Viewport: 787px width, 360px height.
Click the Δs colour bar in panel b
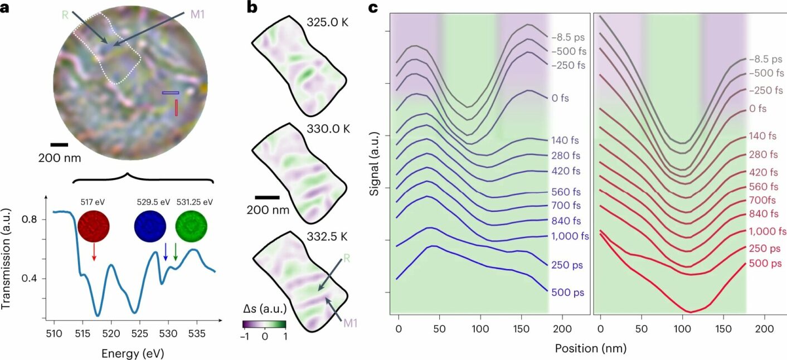click(264, 323)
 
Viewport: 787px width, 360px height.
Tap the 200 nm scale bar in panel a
click(59, 145)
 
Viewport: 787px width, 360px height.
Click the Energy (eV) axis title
click(133, 353)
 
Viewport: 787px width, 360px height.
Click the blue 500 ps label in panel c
click(567, 291)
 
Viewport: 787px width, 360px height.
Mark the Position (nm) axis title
click(590, 349)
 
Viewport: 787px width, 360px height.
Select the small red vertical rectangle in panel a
click(177, 107)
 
